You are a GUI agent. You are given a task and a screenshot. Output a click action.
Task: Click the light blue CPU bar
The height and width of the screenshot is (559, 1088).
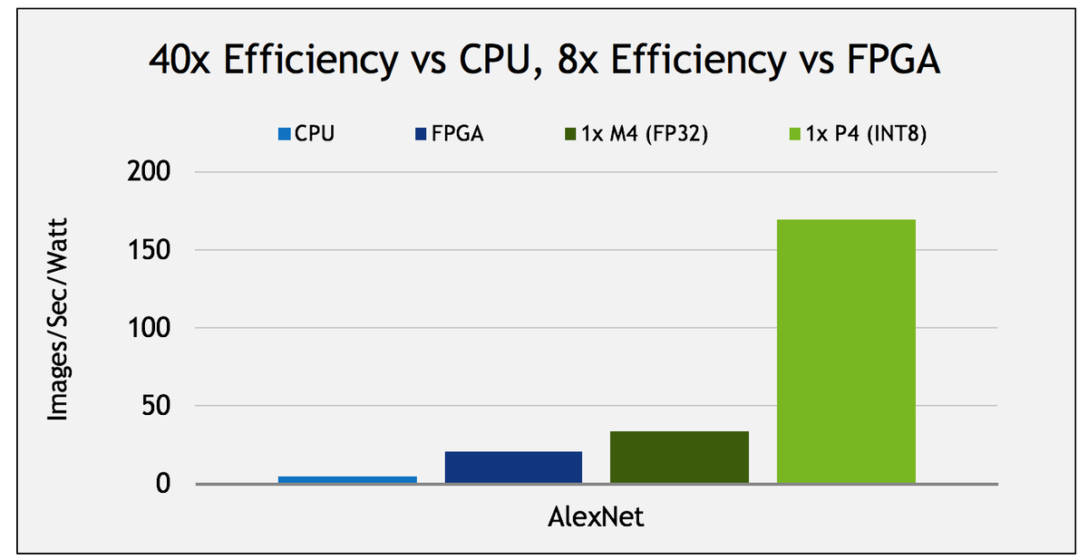347,479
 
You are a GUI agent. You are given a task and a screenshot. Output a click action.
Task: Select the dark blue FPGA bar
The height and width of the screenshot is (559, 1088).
513,467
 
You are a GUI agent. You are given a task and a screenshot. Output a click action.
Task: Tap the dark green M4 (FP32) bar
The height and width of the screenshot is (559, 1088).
679,458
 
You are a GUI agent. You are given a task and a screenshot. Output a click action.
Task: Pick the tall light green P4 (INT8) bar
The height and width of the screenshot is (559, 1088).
846,352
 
